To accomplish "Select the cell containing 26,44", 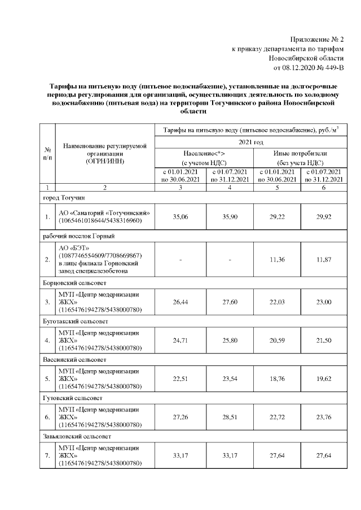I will tap(180, 302).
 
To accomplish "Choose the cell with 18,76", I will tap(277, 379).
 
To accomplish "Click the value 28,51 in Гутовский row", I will tap(230, 417).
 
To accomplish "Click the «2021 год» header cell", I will tap(251, 143).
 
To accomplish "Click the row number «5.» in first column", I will tap(47, 379).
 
